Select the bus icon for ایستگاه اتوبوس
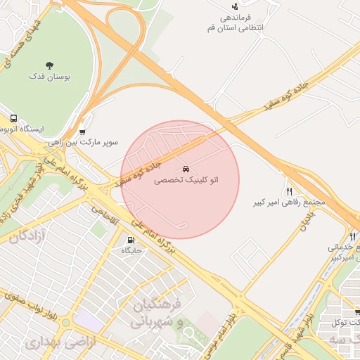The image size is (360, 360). pos(14,119)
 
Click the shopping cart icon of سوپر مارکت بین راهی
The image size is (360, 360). pos(83,131)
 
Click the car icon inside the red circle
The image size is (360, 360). pos(186,169)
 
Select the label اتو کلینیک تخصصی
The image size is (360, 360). pos(186,181)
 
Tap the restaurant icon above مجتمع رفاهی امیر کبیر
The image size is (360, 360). pos(289,191)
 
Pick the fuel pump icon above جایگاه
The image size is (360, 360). pos(132,239)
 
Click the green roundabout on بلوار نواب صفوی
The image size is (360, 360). pos(65,323)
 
